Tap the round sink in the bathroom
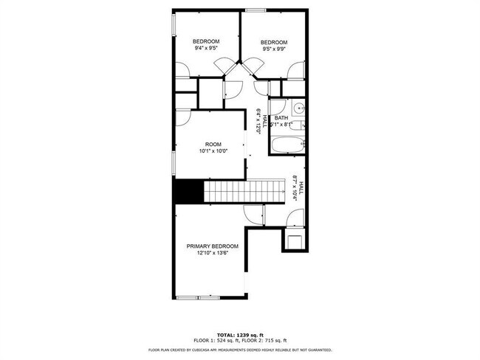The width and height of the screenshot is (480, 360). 298,110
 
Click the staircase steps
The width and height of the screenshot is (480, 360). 244,192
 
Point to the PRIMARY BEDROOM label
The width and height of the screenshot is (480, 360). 212,246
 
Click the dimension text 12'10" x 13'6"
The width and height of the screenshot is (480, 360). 212,253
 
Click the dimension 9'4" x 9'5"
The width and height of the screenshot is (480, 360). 206,48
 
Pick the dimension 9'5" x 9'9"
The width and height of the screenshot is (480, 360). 273,50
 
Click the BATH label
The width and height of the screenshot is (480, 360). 281,118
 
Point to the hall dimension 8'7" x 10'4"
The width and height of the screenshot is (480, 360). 298,188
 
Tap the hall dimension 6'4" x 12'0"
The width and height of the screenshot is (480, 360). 259,121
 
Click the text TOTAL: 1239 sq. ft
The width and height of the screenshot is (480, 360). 240,334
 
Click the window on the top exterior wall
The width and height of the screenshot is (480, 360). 256,10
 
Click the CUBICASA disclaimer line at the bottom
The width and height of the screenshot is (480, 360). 240,350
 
